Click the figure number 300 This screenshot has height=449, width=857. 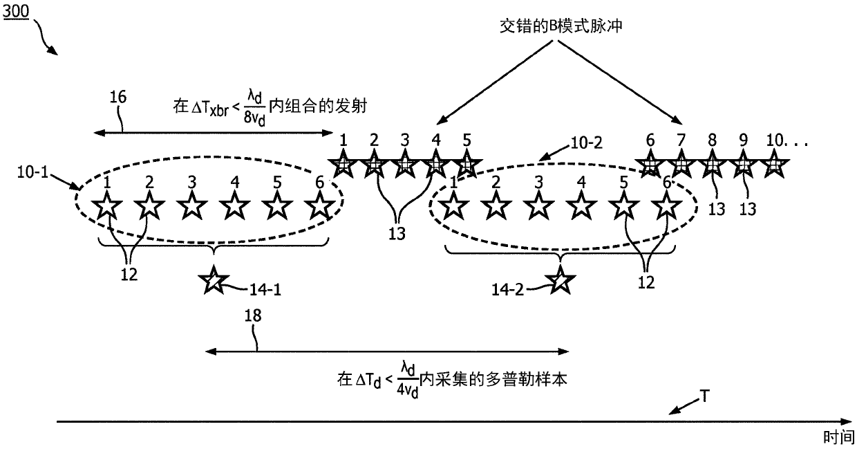16,12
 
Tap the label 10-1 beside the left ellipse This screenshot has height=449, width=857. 33,172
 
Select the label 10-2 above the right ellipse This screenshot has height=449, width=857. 586,143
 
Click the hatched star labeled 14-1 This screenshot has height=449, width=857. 214,280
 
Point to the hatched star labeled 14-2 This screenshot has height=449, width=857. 560,280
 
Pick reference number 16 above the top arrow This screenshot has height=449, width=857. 117,97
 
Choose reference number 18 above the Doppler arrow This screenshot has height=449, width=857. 253,315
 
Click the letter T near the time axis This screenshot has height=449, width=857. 704,396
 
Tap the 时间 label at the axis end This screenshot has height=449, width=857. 838,437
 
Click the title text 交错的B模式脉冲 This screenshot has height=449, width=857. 561,26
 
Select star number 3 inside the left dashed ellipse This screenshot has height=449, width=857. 192,206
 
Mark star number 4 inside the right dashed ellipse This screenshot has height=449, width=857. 581,206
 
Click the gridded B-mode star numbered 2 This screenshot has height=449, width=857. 374,164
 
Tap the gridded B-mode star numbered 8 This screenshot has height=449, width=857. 712,164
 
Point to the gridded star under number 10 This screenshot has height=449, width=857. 774,164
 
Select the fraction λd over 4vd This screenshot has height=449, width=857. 408,381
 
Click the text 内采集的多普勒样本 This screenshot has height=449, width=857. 493,380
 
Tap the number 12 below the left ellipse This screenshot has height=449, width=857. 129,275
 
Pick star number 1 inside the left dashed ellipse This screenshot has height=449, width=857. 107,206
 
